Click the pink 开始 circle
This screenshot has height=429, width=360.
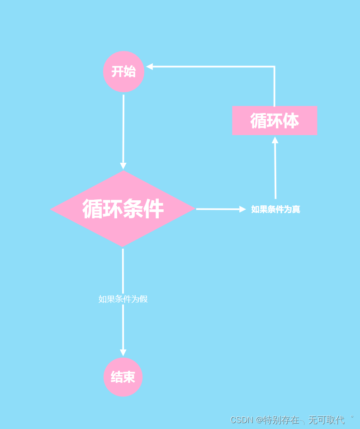coord(123,71)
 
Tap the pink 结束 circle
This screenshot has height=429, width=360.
coord(123,377)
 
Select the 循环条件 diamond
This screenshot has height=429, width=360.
coord(123,209)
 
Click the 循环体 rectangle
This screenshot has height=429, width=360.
coord(275,121)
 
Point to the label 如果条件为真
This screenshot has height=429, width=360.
coord(275,209)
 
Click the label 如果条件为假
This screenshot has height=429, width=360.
coord(123,299)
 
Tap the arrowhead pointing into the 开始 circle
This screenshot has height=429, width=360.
coord(150,66)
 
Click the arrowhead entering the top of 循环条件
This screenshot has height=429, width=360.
coord(123,166)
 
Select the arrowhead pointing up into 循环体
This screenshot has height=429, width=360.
coord(275,140)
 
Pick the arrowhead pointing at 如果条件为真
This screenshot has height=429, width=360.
coord(242,209)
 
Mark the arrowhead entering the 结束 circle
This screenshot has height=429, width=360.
coord(123,353)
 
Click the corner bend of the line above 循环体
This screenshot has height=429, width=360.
coord(275,66)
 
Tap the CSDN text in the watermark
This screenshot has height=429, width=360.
coord(242,420)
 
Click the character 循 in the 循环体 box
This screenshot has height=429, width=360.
coord(259,121)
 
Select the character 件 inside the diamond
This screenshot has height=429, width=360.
coord(153,209)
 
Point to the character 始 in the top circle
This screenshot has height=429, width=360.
coord(129,71)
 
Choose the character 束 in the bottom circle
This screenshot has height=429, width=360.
coord(129,377)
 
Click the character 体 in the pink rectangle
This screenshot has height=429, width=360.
coord(291,121)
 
